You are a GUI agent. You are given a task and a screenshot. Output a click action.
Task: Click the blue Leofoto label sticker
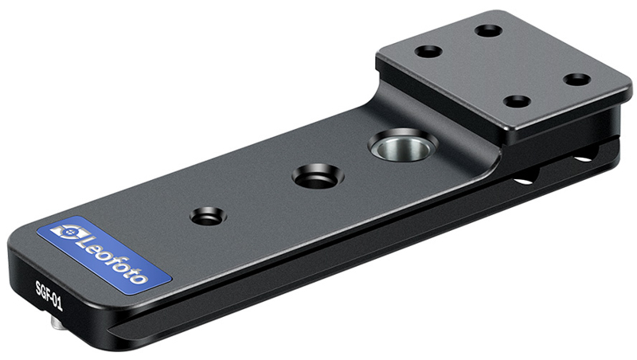104,255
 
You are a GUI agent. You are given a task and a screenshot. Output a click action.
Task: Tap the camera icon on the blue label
68,233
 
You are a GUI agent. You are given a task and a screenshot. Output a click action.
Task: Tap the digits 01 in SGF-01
57,303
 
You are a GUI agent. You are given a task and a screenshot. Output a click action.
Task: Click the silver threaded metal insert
404,146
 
